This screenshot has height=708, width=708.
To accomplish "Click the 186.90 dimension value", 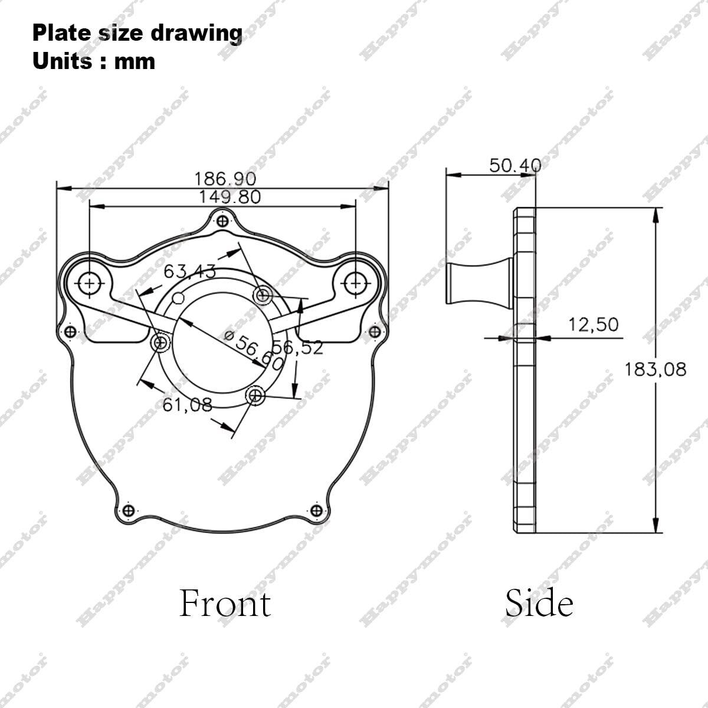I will point(225,178).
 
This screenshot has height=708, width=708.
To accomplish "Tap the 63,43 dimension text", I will point(189,271).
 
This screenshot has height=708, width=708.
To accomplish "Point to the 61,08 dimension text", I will point(187,405).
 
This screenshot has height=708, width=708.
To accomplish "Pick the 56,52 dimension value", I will point(298,348).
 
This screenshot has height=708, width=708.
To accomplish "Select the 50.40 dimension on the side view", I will point(515,165).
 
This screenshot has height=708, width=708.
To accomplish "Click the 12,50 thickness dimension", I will point(593,324).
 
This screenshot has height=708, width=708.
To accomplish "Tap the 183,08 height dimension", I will point(655,369).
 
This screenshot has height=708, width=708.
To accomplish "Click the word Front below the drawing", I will point(225,604).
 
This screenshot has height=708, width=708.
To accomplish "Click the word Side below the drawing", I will point(539,604).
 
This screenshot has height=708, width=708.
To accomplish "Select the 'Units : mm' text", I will point(94,61).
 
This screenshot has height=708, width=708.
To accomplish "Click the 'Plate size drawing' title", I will point(137,33).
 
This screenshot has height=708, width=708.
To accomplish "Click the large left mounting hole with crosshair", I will point(90,283).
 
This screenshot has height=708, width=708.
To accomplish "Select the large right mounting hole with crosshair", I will point(355,283).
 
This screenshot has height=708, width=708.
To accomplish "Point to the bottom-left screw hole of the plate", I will point(127,510).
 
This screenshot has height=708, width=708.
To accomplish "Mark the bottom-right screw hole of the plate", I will point(316,510).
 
